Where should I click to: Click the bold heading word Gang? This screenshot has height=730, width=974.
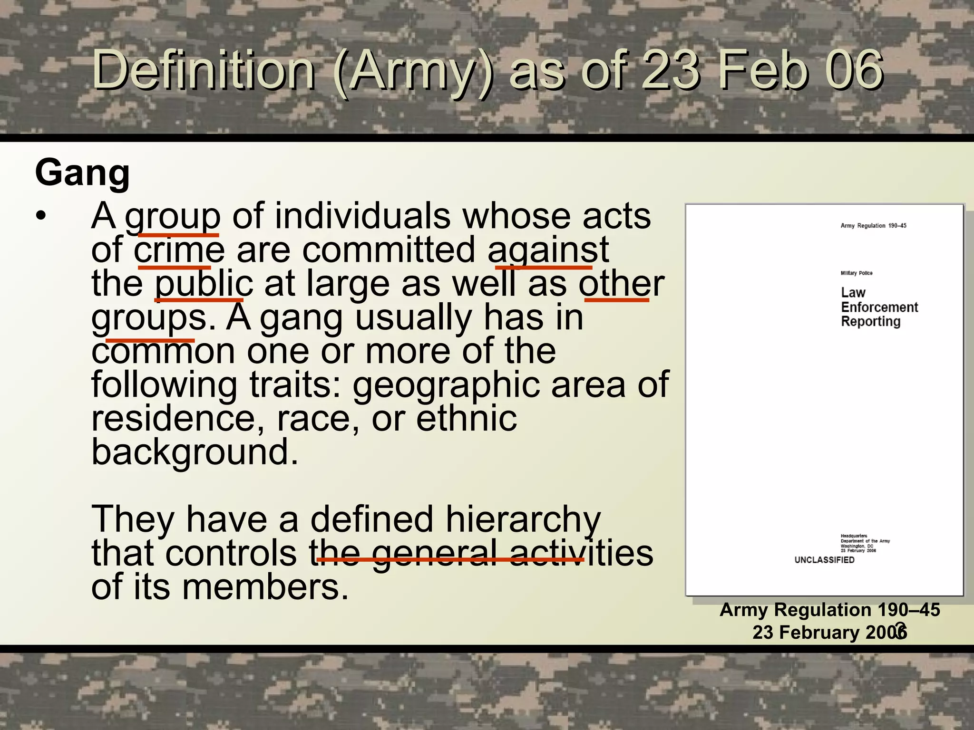[82, 173]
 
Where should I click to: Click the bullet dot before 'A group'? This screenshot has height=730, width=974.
[41, 216]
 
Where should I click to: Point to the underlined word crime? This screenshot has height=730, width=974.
[179, 250]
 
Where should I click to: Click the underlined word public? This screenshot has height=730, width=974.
[204, 284]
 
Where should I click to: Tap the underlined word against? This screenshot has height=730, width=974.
[548, 250]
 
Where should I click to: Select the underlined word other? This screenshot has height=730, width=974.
[621, 284]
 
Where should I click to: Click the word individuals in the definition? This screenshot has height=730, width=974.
[362, 216]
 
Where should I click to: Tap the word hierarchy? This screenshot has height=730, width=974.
[523, 519]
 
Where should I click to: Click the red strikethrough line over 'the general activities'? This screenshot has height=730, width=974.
[450, 560]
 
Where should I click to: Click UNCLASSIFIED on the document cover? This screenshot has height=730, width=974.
[824, 560]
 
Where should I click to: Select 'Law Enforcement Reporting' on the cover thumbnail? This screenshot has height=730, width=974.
[879, 307]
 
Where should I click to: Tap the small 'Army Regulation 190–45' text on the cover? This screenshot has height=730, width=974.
[873, 226]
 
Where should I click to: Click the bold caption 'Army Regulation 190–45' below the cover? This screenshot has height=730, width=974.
[830, 610]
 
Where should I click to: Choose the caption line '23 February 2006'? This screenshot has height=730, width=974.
[830, 633]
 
